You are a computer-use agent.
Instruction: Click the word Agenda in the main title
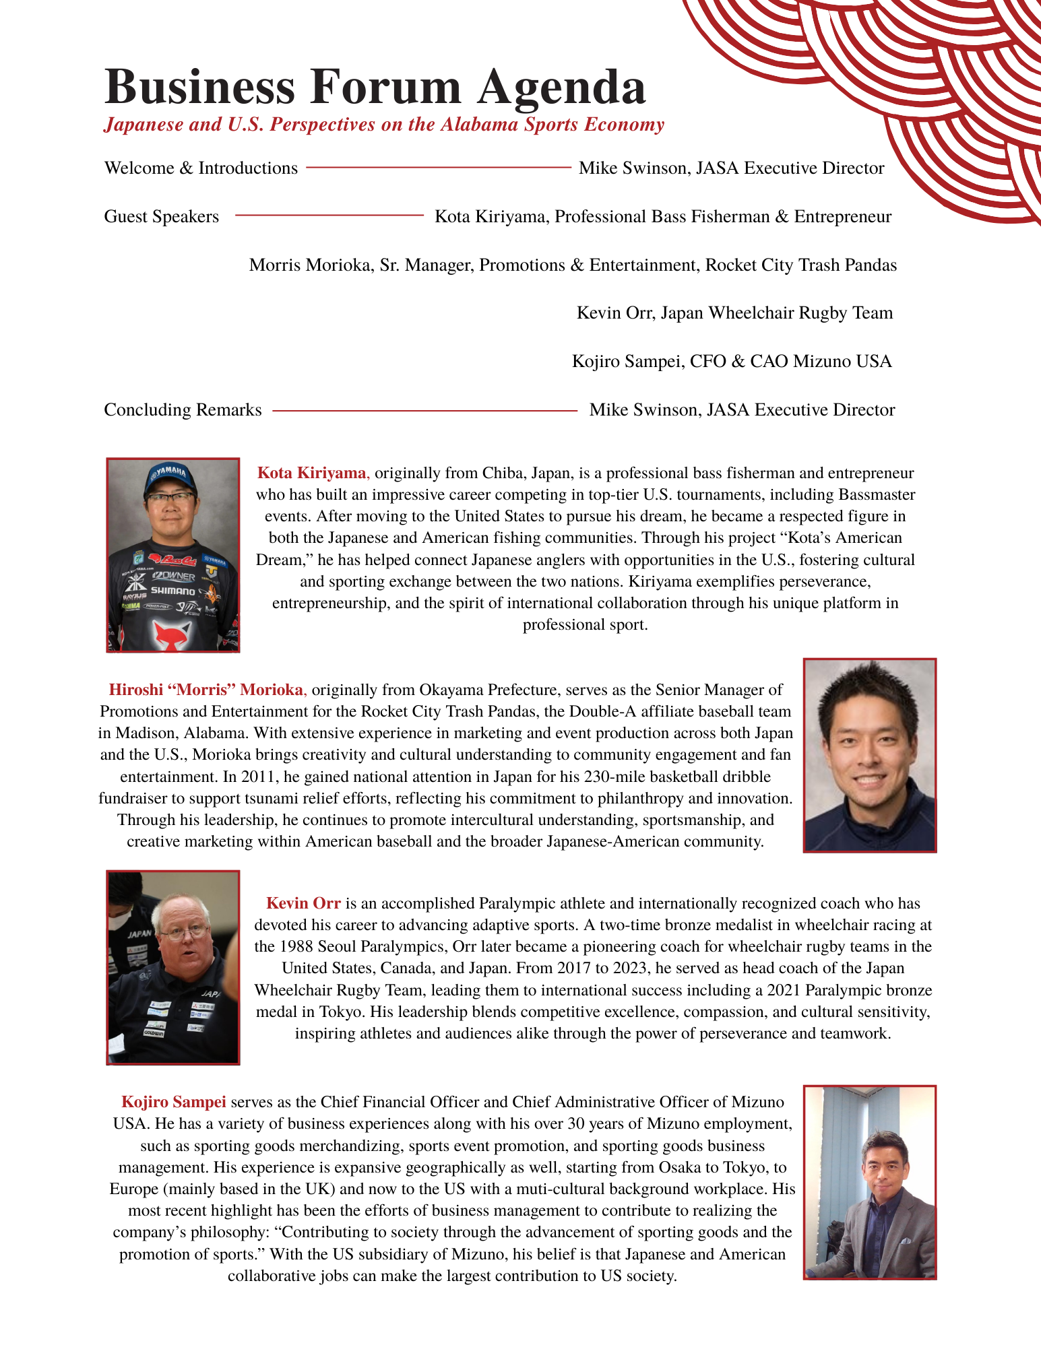click(x=561, y=88)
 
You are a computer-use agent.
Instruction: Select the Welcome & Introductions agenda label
click(x=201, y=168)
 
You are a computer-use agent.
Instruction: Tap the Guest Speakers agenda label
click(x=161, y=216)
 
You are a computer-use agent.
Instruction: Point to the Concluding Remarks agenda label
click(x=183, y=409)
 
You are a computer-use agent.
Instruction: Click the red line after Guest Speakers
click(x=329, y=216)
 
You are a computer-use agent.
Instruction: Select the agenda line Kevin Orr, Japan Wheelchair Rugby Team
click(x=734, y=313)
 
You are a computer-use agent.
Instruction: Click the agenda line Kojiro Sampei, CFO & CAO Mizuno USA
click(x=732, y=362)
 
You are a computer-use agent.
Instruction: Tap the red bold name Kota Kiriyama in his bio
click(x=312, y=473)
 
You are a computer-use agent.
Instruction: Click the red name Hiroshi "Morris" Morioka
click(x=207, y=690)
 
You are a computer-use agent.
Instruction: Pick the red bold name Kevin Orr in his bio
click(x=303, y=903)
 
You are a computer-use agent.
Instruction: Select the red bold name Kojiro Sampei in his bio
click(x=174, y=1103)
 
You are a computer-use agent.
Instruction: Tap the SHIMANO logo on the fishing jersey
click(x=172, y=591)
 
